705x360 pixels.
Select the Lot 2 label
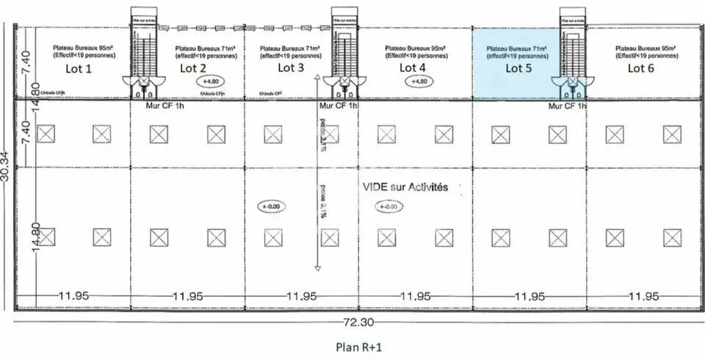click(x=192, y=68)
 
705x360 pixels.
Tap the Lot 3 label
click(x=291, y=68)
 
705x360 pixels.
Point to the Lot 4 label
click(x=412, y=68)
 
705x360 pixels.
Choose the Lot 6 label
click(x=640, y=68)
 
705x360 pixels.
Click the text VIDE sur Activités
click(x=405, y=188)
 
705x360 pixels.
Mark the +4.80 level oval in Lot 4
click(x=419, y=82)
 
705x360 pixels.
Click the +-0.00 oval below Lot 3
click(x=271, y=207)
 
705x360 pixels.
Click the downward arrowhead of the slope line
click(x=317, y=268)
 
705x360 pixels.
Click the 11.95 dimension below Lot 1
click(x=73, y=296)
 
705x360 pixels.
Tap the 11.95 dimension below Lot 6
click(x=644, y=296)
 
